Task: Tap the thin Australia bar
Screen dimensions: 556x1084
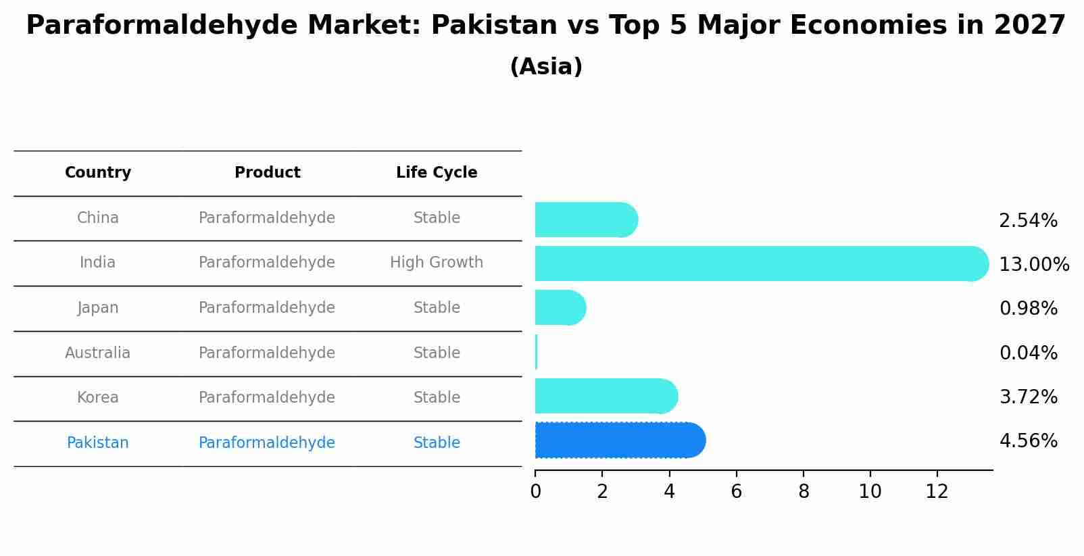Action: pos(536,352)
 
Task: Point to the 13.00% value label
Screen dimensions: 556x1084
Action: pos(1033,264)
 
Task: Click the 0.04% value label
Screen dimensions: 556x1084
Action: pos(1028,353)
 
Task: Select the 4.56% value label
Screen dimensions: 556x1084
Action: pos(1028,441)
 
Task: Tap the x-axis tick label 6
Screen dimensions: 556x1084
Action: pos(736,492)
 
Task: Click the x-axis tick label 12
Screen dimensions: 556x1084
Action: pos(937,492)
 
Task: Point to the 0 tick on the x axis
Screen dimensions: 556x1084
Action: pos(535,492)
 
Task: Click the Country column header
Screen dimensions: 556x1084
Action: pos(98,173)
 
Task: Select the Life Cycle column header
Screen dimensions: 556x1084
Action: pos(437,173)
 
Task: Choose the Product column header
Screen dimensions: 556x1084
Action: pos(267,173)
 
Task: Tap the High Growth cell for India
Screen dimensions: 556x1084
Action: pos(437,263)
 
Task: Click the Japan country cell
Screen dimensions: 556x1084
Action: pos(98,308)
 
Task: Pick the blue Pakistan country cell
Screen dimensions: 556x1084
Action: pos(98,443)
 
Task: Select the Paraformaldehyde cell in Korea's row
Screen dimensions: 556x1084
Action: pos(267,398)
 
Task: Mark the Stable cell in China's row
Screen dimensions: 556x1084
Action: pos(437,218)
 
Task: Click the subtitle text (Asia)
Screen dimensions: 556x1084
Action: pos(546,67)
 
